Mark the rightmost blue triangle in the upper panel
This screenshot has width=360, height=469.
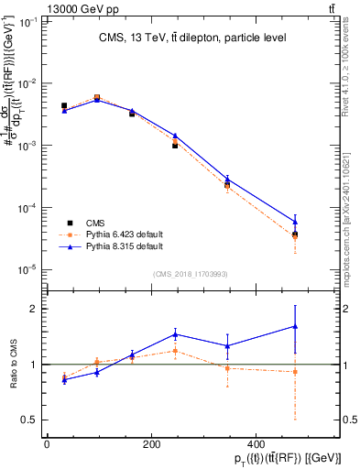pyautogui.click(x=294, y=221)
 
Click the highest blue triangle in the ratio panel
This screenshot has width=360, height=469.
pyautogui.click(x=294, y=326)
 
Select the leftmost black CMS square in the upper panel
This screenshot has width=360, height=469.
pyautogui.click(x=63, y=106)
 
